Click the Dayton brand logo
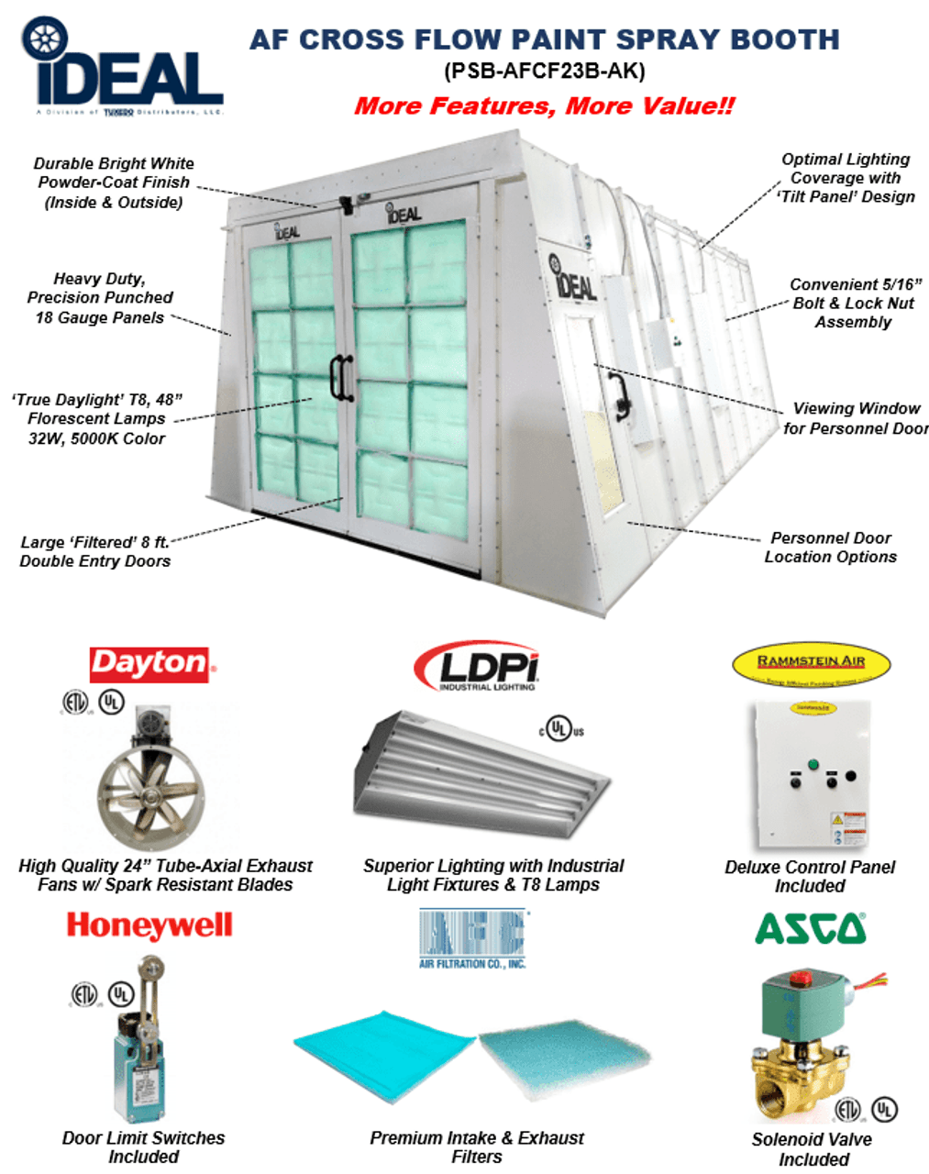[149, 664]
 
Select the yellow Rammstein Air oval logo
[812, 664]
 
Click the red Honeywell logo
[149, 925]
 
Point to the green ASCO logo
[811, 928]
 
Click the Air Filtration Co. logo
[472, 938]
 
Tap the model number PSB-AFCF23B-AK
[545, 71]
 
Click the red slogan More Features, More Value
[545, 105]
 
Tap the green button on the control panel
[812, 764]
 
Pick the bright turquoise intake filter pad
[385, 1055]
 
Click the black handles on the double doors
[342, 377]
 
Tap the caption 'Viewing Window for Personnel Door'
[856, 418]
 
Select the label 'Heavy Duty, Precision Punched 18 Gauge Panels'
[100, 298]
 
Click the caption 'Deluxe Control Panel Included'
[810, 876]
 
